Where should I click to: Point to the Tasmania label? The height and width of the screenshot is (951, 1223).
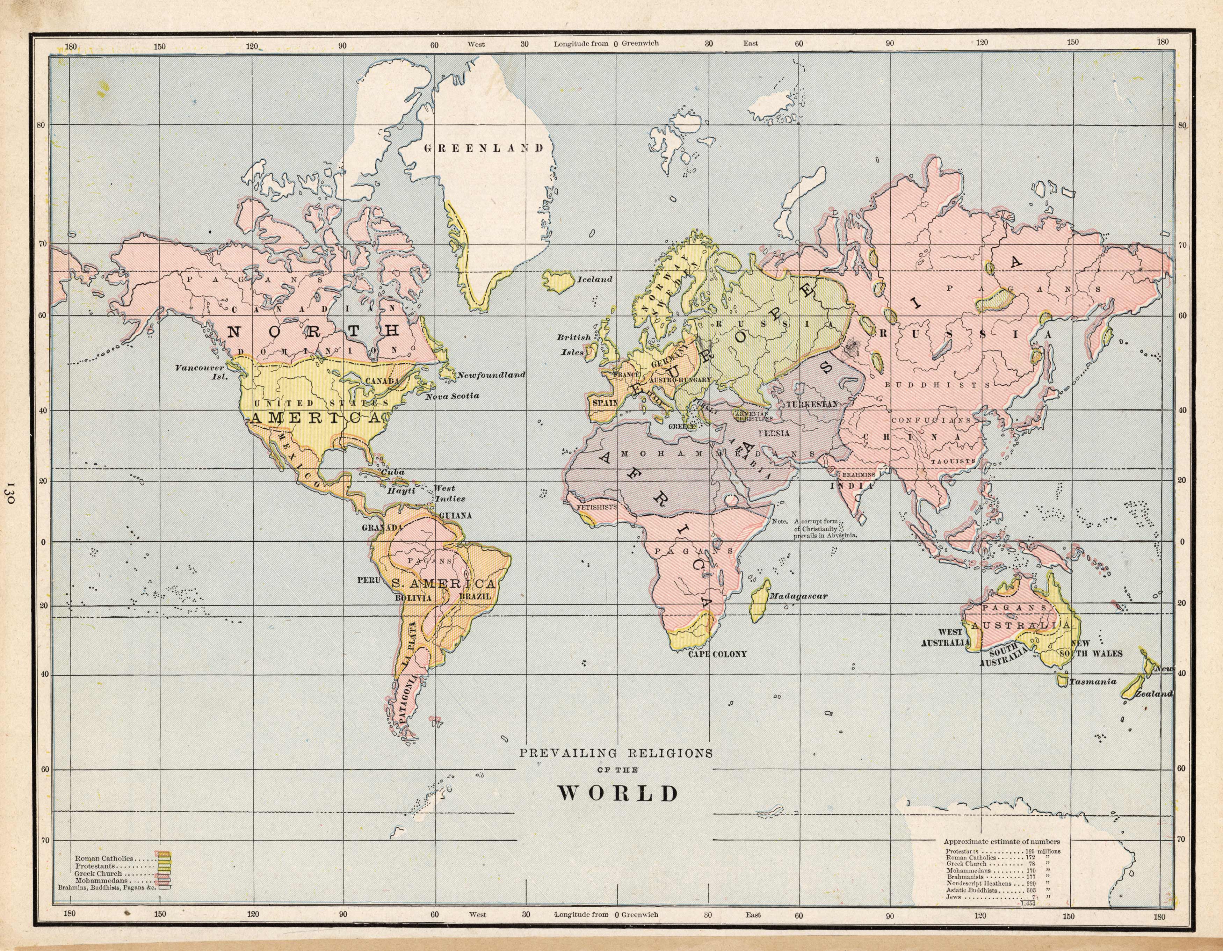tap(1093, 682)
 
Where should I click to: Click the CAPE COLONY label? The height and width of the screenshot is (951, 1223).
tap(717, 654)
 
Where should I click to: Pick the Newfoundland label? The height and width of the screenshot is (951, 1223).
tap(491, 375)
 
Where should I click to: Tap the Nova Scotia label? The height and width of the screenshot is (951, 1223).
tap(452, 396)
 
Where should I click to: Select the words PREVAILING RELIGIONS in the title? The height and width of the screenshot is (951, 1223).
tap(616, 753)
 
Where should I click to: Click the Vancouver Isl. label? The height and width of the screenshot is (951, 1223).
tap(200, 372)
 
